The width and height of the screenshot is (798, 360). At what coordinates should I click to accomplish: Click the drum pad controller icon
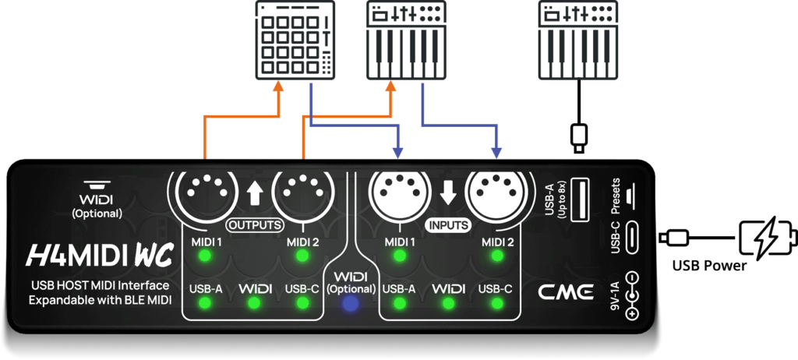coord(296,40)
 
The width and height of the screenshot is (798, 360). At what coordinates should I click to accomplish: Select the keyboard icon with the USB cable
coord(577,40)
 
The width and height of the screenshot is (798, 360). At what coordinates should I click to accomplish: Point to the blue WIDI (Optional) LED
coord(351,305)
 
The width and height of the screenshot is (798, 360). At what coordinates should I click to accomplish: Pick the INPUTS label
coord(447,225)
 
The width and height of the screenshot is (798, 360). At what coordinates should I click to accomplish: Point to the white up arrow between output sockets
coord(253,192)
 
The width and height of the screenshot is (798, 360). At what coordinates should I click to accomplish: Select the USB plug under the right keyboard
coord(577,137)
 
